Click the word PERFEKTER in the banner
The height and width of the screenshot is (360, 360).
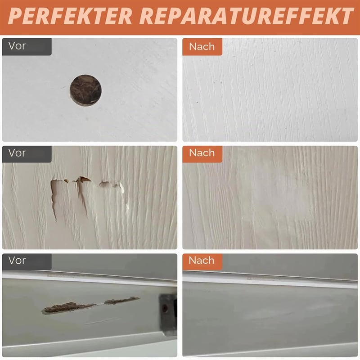pos(70,16)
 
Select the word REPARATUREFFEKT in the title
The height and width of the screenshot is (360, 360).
pos(247,16)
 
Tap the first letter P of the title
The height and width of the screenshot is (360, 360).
pos(17,16)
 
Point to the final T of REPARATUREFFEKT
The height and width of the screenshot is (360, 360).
pos(345,16)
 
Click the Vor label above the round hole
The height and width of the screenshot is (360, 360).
pos(17,46)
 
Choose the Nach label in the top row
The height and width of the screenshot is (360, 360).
pos(202,47)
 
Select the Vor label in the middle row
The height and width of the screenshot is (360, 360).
pos(17,153)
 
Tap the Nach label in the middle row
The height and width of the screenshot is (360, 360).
pos(202,153)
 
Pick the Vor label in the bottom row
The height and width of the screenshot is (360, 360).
pos(17,261)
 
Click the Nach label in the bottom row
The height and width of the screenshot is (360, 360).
pos(201,261)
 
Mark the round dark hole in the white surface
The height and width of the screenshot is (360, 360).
pos(85,90)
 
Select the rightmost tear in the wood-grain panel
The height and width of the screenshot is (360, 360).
pos(112,185)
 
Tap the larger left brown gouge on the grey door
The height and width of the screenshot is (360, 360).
pos(68,308)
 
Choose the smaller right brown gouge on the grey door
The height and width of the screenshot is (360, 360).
pos(121,301)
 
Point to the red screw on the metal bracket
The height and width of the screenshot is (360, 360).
pos(164,308)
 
